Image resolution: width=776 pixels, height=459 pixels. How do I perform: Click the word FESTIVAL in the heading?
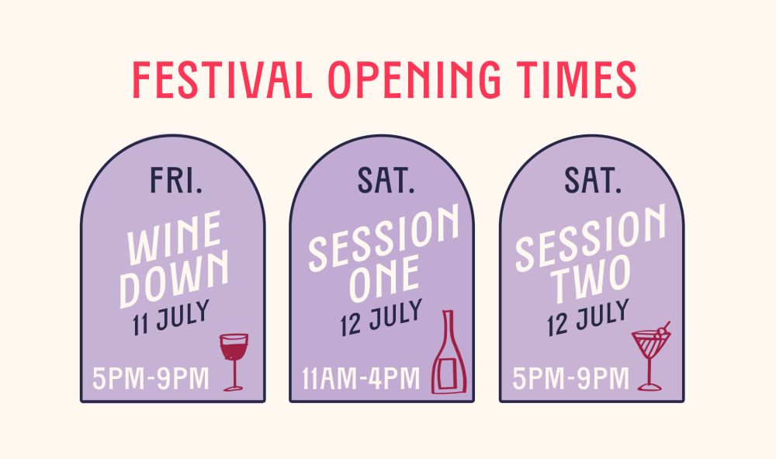coord(222,80)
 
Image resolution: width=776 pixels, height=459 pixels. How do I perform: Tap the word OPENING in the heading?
coord(414,80)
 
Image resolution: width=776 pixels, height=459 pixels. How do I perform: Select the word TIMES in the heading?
coord(576,80)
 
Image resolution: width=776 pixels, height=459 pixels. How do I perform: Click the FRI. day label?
coord(176,180)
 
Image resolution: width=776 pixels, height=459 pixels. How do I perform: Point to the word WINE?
coord(174,238)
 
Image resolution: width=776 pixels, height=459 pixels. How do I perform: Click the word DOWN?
coord(174,278)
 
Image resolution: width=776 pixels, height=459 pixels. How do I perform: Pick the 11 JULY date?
coord(171,318)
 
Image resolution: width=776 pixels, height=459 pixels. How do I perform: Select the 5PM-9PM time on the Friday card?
coord(151,379)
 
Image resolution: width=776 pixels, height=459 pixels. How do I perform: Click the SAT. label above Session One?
coord(386,180)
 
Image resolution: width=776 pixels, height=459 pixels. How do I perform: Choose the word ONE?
coord(385,279)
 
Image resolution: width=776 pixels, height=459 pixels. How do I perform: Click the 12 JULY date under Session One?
coord(381,318)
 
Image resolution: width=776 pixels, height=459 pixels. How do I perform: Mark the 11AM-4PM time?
coord(361,379)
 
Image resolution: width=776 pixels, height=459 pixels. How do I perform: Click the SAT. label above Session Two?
coord(593,180)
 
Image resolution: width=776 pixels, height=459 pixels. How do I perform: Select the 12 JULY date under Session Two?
coord(588,318)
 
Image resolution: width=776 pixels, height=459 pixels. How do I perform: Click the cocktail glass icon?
coord(651,356)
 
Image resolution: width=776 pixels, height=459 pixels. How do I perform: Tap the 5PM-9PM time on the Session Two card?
coord(570,379)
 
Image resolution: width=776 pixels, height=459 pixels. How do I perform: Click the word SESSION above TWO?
coord(591,238)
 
